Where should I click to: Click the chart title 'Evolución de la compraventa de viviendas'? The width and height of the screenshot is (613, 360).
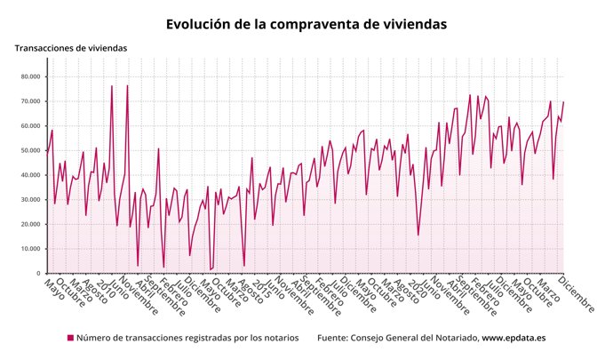pyautogui.click(x=306, y=23)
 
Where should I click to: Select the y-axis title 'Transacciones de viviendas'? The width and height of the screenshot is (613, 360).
pyautogui.click(x=71, y=48)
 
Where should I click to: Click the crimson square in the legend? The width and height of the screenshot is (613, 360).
pyautogui.click(x=71, y=339)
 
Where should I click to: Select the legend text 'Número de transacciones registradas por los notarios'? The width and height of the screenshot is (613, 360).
pyautogui.click(x=190, y=339)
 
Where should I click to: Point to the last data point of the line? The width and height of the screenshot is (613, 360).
pyautogui.click(x=563, y=102)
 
